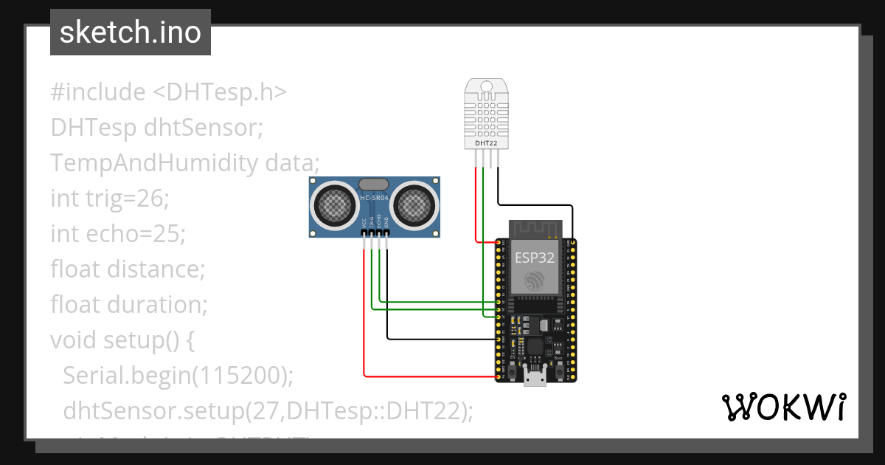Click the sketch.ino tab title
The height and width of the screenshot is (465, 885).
(x=130, y=32)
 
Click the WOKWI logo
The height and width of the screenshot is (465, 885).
(x=782, y=407)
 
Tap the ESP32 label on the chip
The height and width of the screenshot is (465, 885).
(x=534, y=258)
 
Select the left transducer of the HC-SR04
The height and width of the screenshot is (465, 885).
(x=336, y=204)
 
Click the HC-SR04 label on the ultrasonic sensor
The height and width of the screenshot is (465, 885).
(x=374, y=198)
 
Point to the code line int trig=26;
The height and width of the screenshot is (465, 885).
(x=110, y=198)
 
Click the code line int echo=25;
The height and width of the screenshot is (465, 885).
(x=118, y=233)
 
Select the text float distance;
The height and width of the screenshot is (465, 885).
(x=127, y=269)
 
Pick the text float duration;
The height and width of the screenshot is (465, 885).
(x=128, y=304)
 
